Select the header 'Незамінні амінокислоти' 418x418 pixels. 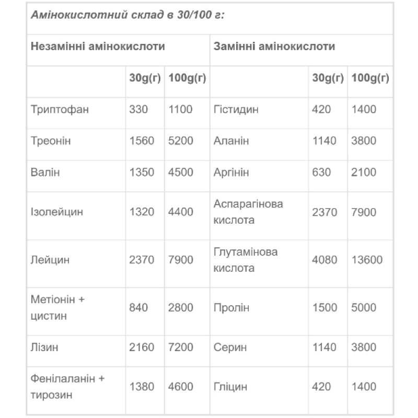point(98,47)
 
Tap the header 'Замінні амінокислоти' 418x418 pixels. point(274,47)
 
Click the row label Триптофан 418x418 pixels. point(60,110)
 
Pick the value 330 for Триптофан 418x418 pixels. point(138,110)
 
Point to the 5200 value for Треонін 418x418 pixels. point(181,141)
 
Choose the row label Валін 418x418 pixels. point(45,172)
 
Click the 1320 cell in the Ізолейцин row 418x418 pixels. point(142,212)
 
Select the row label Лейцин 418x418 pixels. point(50,260)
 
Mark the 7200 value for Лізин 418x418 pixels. point(181,347)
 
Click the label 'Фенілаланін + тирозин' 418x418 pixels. point(68,387)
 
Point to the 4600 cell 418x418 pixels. point(181,387)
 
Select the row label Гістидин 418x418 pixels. point(236,110)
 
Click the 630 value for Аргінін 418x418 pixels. point(321,172)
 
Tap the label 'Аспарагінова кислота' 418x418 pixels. point(248,212)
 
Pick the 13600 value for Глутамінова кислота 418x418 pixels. point(367,260)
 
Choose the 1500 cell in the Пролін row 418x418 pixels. point(324,308)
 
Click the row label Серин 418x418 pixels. point(229,347)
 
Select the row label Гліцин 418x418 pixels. point(230,387)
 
